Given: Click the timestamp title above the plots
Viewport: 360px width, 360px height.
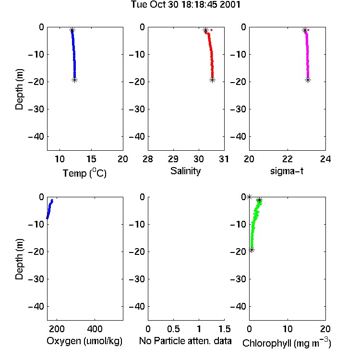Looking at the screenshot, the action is point(185,4).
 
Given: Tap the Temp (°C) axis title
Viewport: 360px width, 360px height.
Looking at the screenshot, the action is point(84,173).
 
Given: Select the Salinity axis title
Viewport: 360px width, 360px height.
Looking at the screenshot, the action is point(185,171).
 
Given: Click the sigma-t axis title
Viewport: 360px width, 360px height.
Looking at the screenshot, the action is point(287,171).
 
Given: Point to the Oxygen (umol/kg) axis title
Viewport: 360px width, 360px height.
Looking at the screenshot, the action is point(84,341).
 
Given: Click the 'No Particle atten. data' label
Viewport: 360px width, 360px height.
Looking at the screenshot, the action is point(185,341).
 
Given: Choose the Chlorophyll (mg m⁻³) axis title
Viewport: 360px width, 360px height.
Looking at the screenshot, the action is point(287,343).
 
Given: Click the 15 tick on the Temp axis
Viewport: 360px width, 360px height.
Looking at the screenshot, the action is point(91,159).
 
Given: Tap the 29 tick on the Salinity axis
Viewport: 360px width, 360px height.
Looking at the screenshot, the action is point(173,159).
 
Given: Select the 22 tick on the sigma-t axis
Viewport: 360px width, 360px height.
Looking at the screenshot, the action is point(288,159).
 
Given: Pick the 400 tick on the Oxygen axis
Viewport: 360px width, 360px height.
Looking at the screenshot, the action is point(95,329).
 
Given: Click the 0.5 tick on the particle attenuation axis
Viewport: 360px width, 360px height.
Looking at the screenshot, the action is point(173,329).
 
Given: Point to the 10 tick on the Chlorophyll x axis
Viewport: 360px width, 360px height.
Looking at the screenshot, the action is point(288,329).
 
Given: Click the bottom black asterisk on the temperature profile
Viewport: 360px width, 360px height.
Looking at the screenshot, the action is point(74,80).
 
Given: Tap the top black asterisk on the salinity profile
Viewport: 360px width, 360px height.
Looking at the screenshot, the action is point(205,30).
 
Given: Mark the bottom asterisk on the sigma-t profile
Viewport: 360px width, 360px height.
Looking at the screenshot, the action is point(308,80).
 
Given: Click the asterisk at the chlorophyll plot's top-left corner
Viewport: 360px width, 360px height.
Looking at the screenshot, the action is point(249,197).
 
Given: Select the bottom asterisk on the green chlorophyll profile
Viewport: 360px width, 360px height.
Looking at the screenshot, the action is point(252,250).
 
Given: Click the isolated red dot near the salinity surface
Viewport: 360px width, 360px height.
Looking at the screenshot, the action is point(212,30).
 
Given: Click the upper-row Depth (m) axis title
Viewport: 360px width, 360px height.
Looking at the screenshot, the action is point(19,89).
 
